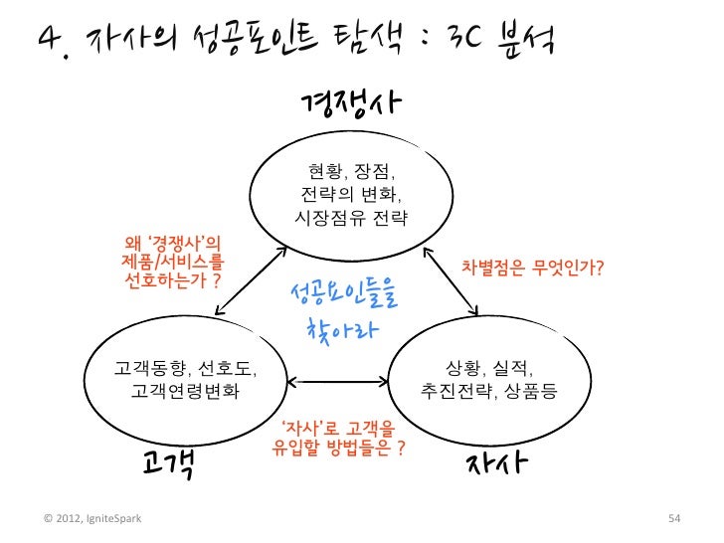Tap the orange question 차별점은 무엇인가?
coord(533,269)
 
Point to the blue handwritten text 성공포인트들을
coord(342,294)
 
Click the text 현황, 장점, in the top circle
coord(351,168)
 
